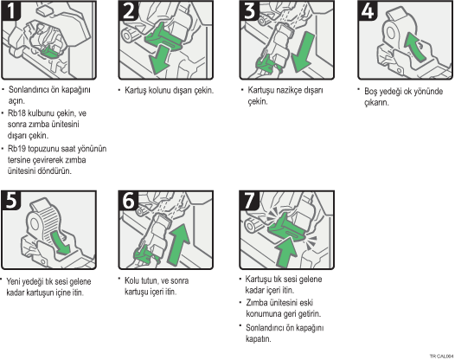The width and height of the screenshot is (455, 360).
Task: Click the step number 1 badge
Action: (x=11, y=10)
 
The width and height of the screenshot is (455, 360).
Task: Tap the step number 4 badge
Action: (x=368, y=10)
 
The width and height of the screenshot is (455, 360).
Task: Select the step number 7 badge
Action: (x=249, y=200)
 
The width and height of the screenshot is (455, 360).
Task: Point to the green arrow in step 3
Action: (x=304, y=52)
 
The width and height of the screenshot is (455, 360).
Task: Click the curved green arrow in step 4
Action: (x=414, y=47)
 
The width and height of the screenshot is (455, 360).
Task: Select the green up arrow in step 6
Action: (x=179, y=244)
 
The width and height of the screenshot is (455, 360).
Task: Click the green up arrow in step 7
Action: (x=286, y=252)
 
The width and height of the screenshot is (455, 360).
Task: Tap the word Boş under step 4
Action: (x=371, y=92)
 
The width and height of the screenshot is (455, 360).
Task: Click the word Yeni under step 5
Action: (x=14, y=281)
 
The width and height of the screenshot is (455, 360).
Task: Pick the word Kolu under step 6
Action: (x=131, y=280)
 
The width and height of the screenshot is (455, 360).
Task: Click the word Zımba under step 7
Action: (x=257, y=303)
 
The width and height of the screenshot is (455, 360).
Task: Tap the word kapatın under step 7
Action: (x=259, y=339)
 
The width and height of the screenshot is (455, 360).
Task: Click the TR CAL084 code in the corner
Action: (x=442, y=357)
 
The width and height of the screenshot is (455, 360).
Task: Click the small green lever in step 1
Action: (x=50, y=52)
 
